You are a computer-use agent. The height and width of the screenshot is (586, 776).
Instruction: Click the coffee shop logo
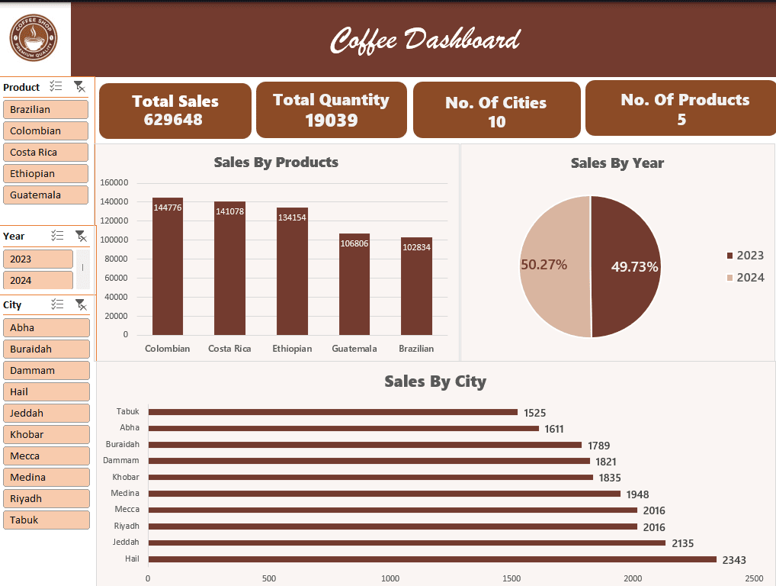34,38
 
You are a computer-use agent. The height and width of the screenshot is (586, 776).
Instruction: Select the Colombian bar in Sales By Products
168,267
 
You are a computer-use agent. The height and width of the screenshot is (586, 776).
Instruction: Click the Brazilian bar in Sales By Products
416,286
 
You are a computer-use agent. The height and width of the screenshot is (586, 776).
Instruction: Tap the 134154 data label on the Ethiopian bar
292,217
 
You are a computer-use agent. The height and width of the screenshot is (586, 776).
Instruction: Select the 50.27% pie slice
553,265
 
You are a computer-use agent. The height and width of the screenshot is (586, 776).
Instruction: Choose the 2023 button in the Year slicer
38,259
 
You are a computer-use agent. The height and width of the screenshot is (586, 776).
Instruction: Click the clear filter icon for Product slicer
79,87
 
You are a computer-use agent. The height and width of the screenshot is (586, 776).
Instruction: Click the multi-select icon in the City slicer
57,304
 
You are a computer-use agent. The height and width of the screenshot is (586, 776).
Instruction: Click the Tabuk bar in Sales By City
332,412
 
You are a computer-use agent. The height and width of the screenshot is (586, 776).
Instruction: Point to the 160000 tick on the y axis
114,182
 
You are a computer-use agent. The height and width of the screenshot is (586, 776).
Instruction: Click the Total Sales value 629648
175,119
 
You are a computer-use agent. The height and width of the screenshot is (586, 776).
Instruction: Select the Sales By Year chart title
617,163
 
